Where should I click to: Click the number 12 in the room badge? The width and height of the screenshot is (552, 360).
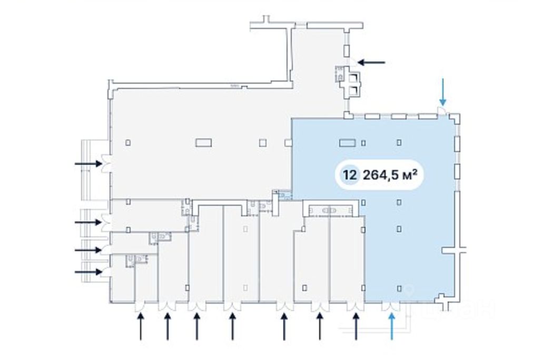pyautogui.click(x=348, y=175)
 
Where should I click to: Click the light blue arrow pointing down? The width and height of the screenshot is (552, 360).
pyautogui.click(x=443, y=92)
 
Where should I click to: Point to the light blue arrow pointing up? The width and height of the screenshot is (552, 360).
pyautogui.click(x=391, y=326)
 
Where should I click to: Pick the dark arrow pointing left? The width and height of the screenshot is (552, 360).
pyautogui.click(x=371, y=62)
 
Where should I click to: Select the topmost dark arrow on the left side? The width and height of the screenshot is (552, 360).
pyautogui.click(x=88, y=164)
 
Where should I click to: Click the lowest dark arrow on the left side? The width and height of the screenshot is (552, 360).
pyautogui.click(x=88, y=272)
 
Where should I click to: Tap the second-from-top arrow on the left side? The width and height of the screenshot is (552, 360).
pyautogui.click(x=88, y=222)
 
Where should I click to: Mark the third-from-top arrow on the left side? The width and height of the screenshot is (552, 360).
pyautogui.click(x=88, y=249)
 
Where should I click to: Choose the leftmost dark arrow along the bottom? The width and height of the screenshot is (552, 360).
pyautogui.click(x=141, y=326)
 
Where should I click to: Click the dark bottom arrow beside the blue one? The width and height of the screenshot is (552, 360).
pyautogui.click(x=357, y=326)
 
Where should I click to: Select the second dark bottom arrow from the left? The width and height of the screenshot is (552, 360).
pyautogui.click(x=167, y=326)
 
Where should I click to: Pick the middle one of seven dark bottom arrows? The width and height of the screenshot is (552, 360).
pyautogui.click(x=232, y=326)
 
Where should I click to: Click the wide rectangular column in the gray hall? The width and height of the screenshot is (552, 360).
pyautogui.click(x=203, y=142)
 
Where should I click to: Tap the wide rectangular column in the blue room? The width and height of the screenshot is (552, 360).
pyautogui.click(x=347, y=142)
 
